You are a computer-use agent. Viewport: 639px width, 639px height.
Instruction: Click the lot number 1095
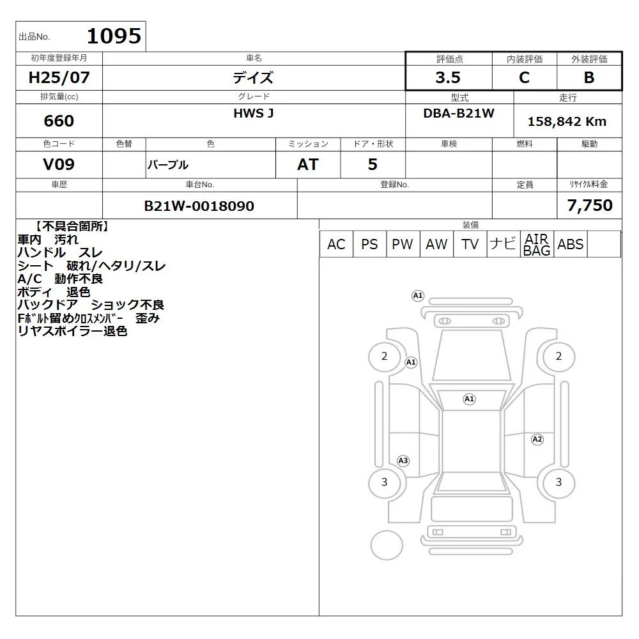click(x=114, y=36)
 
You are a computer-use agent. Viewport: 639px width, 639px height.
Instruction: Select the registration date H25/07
click(x=59, y=77)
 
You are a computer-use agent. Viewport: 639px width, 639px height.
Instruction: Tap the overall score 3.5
click(x=448, y=77)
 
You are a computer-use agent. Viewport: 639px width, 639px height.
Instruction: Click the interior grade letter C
click(x=524, y=77)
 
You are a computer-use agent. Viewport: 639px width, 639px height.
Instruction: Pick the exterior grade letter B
click(x=589, y=77)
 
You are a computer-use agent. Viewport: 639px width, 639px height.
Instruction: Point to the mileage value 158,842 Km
click(x=567, y=121)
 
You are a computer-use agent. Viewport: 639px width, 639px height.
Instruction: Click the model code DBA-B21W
click(x=459, y=113)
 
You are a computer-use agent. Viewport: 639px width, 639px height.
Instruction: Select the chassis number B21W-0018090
click(x=199, y=206)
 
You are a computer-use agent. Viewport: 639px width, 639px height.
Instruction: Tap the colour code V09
click(x=59, y=164)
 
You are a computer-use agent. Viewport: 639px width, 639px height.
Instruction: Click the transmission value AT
click(x=308, y=164)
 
